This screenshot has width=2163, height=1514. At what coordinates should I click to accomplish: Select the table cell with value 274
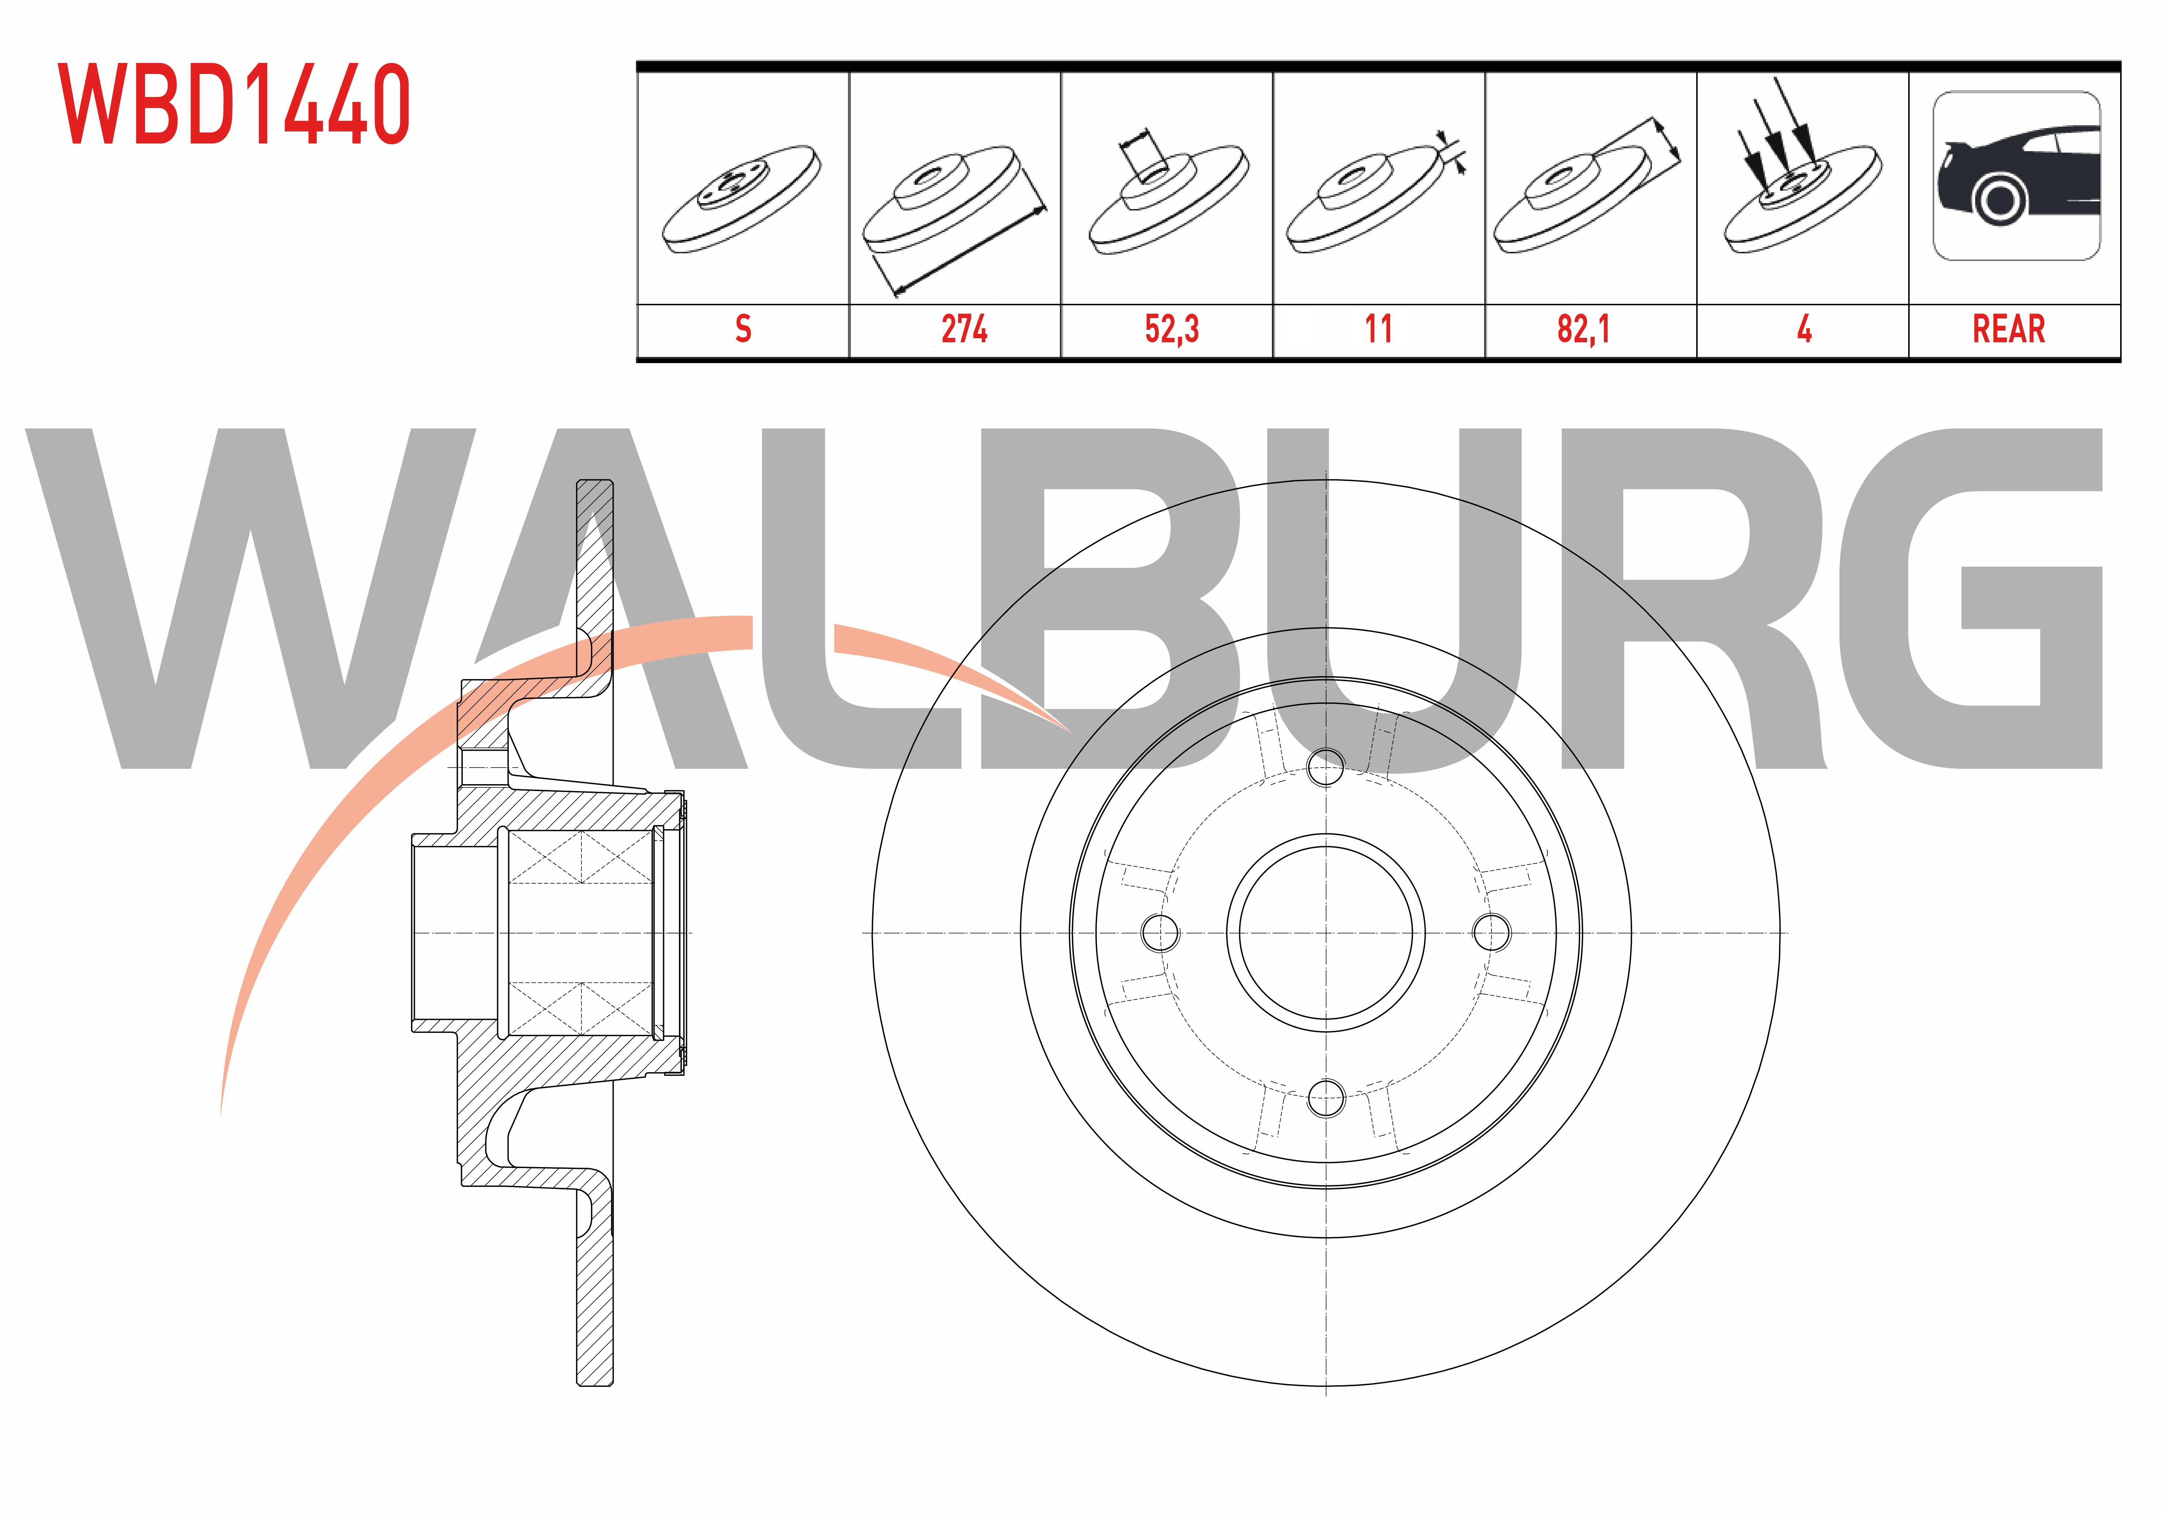coord(964,329)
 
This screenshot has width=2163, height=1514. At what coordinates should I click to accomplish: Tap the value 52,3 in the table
coord(1171,329)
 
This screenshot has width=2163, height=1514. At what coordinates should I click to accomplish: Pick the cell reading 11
coord(1378,329)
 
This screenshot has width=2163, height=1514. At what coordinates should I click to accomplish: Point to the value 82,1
coord(1584,329)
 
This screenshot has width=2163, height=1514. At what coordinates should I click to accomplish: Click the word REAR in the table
coord(2008,329)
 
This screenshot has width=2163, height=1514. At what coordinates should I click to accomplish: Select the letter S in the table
coord(743,329)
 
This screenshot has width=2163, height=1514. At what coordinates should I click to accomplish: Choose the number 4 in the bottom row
coord(1804,329)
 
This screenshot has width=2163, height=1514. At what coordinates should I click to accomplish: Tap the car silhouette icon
coord(2016,176)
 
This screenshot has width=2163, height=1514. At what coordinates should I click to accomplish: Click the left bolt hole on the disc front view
coord(1160,933)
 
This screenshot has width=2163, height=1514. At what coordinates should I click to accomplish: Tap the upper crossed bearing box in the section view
coord(581,857)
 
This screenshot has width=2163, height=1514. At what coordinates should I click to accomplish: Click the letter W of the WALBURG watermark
coord(250,599)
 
